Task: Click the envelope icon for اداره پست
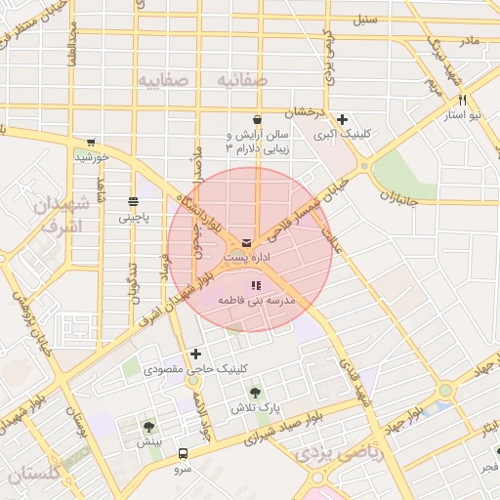coord(244,242)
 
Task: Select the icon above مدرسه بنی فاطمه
coord(255,285)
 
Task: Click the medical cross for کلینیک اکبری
coord(342,119)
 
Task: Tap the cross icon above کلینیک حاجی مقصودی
coord(196,354)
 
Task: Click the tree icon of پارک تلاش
coord(255,393)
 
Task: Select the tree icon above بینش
coord(148,426)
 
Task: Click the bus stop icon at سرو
coord(183,454)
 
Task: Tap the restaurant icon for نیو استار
coord(462,100)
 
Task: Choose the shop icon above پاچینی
coord(133,201)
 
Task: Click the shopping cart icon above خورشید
coord(91,142)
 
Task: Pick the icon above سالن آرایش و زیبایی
coord(257,119)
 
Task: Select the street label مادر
coord(470,40)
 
